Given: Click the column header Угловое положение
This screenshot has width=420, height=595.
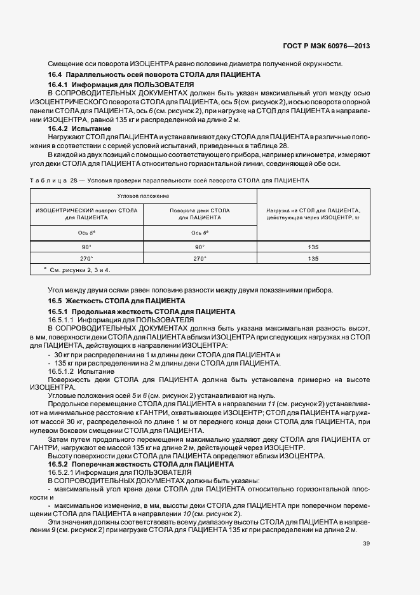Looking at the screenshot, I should pyautogui.click(x=143, y=196).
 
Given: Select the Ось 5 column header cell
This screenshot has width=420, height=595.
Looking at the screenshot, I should pyautogui.click(x=86, y=233).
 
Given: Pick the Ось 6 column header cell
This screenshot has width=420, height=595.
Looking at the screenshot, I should pyautogui.click(x=200, y=233).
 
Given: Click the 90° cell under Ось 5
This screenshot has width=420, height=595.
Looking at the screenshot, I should pyautogui.click(x=86, y=247).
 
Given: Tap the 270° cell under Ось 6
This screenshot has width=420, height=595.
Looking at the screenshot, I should pyautogui.click(x=200, y=259).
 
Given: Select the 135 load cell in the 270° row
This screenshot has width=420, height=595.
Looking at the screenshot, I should pyautogui.click(x=313, y=259).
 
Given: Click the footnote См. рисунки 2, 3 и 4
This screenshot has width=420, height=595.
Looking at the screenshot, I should pyautogui.click(x=79, y=270).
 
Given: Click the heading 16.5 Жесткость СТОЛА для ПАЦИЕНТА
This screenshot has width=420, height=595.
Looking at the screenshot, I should pyautogui.click(x=116, y=300).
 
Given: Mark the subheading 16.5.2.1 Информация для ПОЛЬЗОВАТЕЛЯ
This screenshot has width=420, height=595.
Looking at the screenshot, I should pyautogui.click(x=119, y=473).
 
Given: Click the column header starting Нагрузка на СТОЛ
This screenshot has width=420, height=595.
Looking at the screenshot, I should pyautogui.click(x=313, y=214).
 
